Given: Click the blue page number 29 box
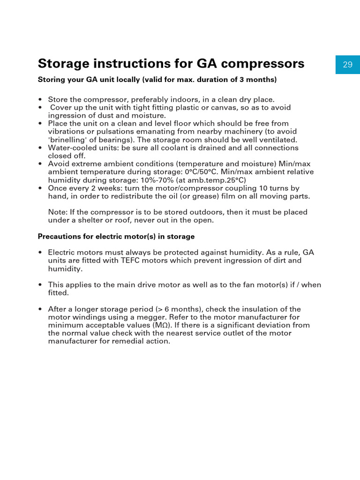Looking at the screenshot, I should click(x=347, y=65).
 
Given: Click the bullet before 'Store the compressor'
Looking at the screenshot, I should click(x=41, y=99).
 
